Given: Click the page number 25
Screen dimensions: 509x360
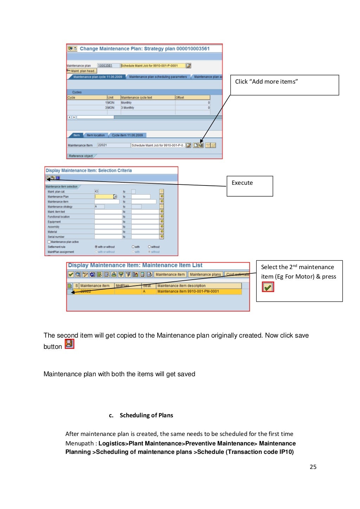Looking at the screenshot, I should click(313, 467).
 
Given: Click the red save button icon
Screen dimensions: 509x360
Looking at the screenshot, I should click(69, 344).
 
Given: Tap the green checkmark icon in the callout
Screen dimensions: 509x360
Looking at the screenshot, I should click(268, 287).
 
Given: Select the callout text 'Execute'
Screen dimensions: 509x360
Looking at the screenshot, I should click(242, 183).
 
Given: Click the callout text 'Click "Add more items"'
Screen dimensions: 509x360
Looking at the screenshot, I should click(266, 81).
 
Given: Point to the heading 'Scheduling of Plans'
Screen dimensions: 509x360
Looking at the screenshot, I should click(146, 415).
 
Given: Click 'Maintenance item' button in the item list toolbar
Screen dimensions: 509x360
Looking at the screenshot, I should click(170, 274).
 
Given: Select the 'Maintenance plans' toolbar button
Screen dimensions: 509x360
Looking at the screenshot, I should click(205, 274).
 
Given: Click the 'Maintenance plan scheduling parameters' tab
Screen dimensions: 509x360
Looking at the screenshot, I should click(158, 77).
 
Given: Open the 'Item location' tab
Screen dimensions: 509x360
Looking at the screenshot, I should click(96, 135).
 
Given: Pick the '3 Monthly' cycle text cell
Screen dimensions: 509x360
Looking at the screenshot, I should click(128, 108).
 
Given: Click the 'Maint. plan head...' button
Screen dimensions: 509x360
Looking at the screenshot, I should click(83, 71).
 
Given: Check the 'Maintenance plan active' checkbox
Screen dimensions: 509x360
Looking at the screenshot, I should click(49, 242).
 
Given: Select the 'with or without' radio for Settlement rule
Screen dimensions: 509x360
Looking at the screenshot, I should click(96, 247).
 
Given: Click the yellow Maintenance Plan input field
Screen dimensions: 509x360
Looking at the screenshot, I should click(104, 197).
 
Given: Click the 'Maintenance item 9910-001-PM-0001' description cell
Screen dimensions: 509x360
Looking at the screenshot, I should click(188, 291).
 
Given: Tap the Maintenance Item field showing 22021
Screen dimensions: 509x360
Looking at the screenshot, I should click(113, 145).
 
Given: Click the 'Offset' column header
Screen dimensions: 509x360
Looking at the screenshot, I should click(192, 98).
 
